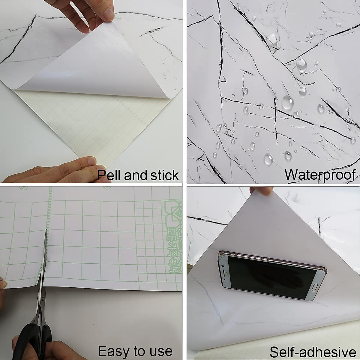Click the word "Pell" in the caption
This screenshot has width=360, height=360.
[109, 175]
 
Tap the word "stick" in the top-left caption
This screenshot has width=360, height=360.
[164, 175]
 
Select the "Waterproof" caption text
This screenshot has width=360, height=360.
[320, 175]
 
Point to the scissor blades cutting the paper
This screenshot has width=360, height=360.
[43, 264]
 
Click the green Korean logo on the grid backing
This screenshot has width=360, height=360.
[173, 237]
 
